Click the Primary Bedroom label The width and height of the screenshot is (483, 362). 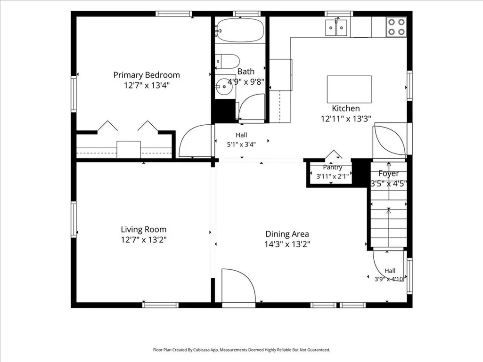pos(147,75)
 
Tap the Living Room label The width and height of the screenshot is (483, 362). pos(144,229)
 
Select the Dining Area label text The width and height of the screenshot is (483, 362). pos(287,234)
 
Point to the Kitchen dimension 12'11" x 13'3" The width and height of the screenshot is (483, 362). pos(346,119)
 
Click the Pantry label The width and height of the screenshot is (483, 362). pos(332,167)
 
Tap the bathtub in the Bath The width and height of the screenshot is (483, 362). pos(239,30)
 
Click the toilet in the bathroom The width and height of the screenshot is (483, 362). pos(227,61)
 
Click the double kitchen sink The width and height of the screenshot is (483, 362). pos(336,28)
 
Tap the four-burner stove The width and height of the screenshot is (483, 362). pos(396,27)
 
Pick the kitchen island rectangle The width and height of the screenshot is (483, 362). pos(349,89)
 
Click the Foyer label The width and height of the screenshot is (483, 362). pos(389,174)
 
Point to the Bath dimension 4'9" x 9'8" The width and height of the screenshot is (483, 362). pos(246,82)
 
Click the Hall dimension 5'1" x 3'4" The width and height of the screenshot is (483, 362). pos(241,145)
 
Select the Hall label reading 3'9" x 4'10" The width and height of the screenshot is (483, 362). pos(389,279)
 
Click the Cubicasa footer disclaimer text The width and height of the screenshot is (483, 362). pos(241,350)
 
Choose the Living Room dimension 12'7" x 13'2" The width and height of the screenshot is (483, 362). pos(144,240)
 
